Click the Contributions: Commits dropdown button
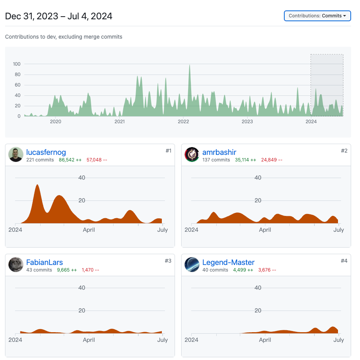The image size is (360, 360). click(x=317, y=16)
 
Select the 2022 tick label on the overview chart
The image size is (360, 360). click(x=183, y=122)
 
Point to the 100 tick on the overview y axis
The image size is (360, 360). click(x=17, y=64)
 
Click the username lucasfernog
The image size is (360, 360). click(x=46, y=152)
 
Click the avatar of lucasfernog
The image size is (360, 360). click(x=16, y=155)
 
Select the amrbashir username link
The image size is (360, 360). click(x=219, y=152)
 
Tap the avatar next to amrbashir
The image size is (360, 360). click(x=192, y=155)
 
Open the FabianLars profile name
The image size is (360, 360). click(x=44, y=263)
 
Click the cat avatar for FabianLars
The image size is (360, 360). click(x=16, y=265)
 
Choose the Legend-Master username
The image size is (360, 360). click(x=228, y=263)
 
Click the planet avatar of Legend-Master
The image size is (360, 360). click(x=192, y=265)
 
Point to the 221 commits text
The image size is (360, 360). click(x=40, y=160)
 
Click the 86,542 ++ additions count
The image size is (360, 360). click(x=70, y=160)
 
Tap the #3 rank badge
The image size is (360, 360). click(x=168, y=261)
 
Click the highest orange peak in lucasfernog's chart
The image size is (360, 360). click(x=37, y=185)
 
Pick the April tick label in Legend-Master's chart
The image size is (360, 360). click(x=265, y=340)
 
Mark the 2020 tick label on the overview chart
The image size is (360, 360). click(x=56, y=122)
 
